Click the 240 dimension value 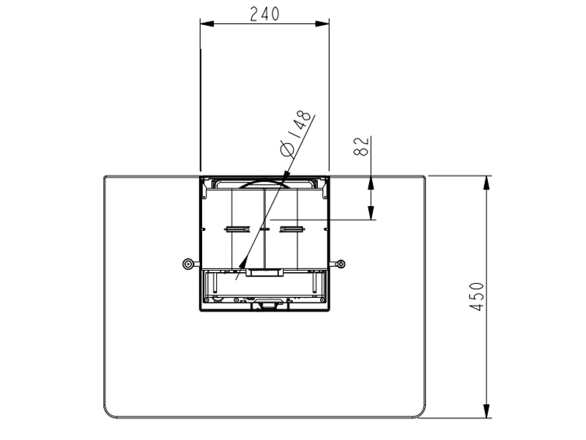(x=264, y=14)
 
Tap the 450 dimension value (x=477, y=297)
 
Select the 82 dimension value (x=361, y=145)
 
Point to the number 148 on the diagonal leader (x=302, y=125)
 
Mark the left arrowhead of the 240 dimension (x=207, y=23)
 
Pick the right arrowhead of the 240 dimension (x=322, y=23)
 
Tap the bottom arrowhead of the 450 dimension (x=486, y=411)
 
